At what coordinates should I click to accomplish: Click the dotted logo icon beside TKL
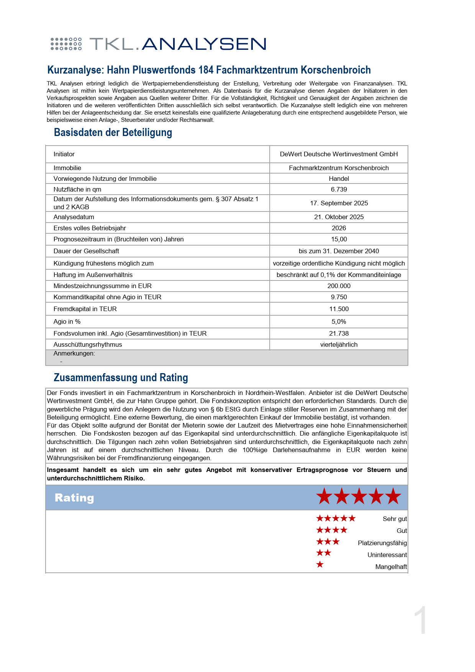[66, 44]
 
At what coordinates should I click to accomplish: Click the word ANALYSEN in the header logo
[204, 44]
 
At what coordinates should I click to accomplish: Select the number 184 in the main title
[206, 70]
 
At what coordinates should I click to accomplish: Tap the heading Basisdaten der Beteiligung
[113, 132]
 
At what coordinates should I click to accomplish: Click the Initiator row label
[64, 154]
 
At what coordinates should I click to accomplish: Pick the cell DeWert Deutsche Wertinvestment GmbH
[339, 154]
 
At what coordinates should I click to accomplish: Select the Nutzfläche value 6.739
[339, 189]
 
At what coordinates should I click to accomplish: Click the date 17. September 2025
[339, 203]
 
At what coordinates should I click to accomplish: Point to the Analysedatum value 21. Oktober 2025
[339, 217]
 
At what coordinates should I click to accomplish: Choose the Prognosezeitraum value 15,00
[339, 239]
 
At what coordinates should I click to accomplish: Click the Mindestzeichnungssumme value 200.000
[339, 286]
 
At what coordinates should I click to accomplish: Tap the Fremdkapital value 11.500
[339, 309]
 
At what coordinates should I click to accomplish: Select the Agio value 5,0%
[339, 321]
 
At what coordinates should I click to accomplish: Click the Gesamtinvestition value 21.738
[339, 333]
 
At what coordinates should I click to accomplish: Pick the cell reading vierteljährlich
[339, 344]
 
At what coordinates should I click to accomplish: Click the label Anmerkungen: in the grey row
[74, 353]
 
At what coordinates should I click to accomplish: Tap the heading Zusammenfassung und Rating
[121, 377]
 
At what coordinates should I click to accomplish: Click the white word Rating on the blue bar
[74, 498]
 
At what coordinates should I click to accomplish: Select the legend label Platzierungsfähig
[382, 543]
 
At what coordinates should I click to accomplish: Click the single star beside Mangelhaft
[320, 564]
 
